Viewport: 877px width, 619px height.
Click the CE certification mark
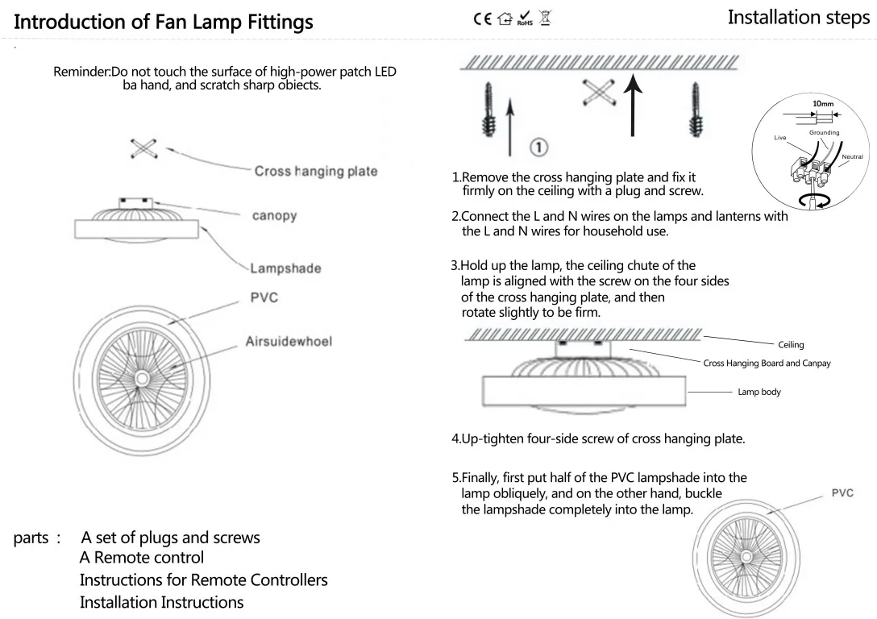[x=482, y=19]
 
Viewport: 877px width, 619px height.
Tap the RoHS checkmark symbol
[x=525, y=19]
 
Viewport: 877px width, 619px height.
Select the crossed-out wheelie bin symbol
[x=546, y=18]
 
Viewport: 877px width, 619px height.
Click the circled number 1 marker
[x=538, y=147]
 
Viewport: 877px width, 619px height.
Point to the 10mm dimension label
[x=823, y=103]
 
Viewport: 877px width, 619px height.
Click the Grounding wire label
[x=824, y=132]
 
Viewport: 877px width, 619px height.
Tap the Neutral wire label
[x=852, y=156]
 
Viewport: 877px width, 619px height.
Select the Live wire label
[x=780, y=138]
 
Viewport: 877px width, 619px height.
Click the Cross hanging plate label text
[x=316, y=171]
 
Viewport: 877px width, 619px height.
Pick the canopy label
[x=274, y=216]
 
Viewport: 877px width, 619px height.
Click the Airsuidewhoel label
[x=289, y=341]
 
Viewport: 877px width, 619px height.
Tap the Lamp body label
[x=759, y=392]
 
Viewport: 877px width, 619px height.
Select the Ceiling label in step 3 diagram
[x=791, y=345]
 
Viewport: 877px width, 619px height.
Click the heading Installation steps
[x=799, y=18]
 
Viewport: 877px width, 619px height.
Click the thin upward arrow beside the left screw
[x=510, y=127]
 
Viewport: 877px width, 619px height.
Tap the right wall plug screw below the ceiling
[x=695, y=110]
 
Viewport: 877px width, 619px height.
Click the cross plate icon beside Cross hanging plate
[x=143, y=149]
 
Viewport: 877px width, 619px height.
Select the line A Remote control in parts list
[x=142, y=558]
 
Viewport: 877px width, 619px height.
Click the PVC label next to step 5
[x=842, y=492]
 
